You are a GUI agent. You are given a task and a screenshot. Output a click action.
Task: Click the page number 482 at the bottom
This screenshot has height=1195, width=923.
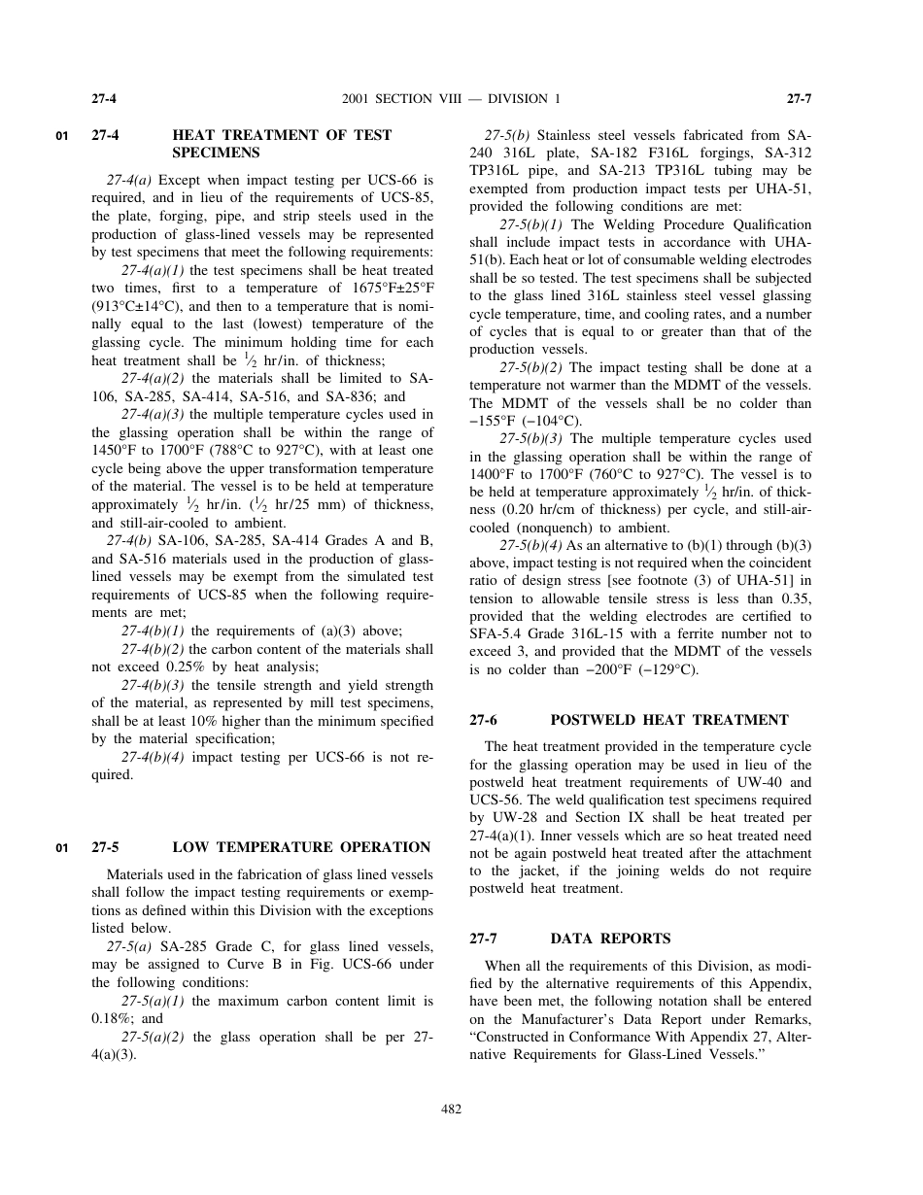point(452,1110)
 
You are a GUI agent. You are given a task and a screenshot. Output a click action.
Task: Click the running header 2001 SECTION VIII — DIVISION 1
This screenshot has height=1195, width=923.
point(452,99)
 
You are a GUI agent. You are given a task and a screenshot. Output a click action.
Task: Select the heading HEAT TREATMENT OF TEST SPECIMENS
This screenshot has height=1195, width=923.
point(282,144)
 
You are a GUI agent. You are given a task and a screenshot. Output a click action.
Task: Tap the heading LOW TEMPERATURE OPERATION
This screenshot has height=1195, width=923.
point(301,847)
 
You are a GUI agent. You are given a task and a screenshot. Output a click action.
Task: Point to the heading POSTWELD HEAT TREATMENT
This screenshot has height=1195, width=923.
point(669,720)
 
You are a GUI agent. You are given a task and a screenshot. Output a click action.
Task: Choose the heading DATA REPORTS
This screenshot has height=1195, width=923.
point(610,939)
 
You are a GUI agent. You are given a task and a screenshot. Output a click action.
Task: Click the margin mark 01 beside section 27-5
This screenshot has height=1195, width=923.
point(62,848)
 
